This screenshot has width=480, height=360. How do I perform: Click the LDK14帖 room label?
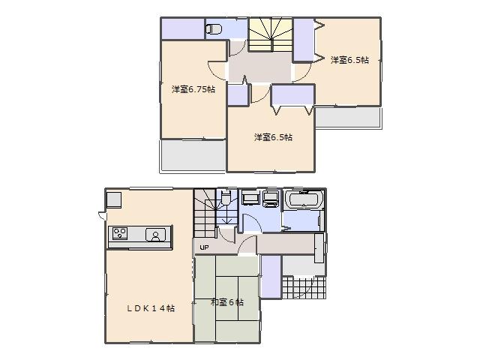click(x=150, y=308)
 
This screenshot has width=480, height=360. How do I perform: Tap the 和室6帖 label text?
click(x=226, y=302)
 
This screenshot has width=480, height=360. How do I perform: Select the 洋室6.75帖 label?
click(x=193, y=90)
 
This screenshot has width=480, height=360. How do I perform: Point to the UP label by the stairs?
click(x=204, y=247)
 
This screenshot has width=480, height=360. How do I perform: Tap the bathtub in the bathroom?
click(x=304, y=200)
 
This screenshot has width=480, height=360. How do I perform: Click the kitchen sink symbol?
click(x=156, y=235)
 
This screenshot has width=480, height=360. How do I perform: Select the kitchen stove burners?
click(x=120, y=235)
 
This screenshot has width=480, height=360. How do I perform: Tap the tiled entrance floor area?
click(x=306, y=286)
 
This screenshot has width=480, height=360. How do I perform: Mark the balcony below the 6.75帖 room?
click(x=193, y=156)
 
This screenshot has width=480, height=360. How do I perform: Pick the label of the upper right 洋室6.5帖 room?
click(x=349, y=61)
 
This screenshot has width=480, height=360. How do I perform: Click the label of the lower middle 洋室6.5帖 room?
click(x=273, y=137)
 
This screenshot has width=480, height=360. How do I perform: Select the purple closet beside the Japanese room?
click(x=271, y=276)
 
